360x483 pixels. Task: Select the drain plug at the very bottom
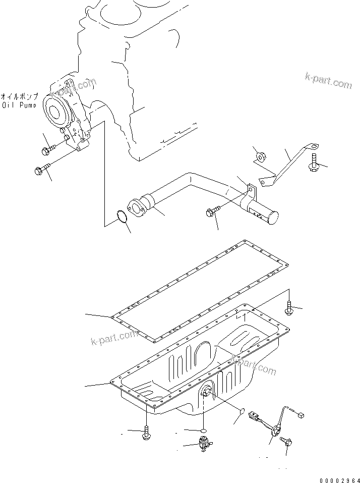pos(204,445)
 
